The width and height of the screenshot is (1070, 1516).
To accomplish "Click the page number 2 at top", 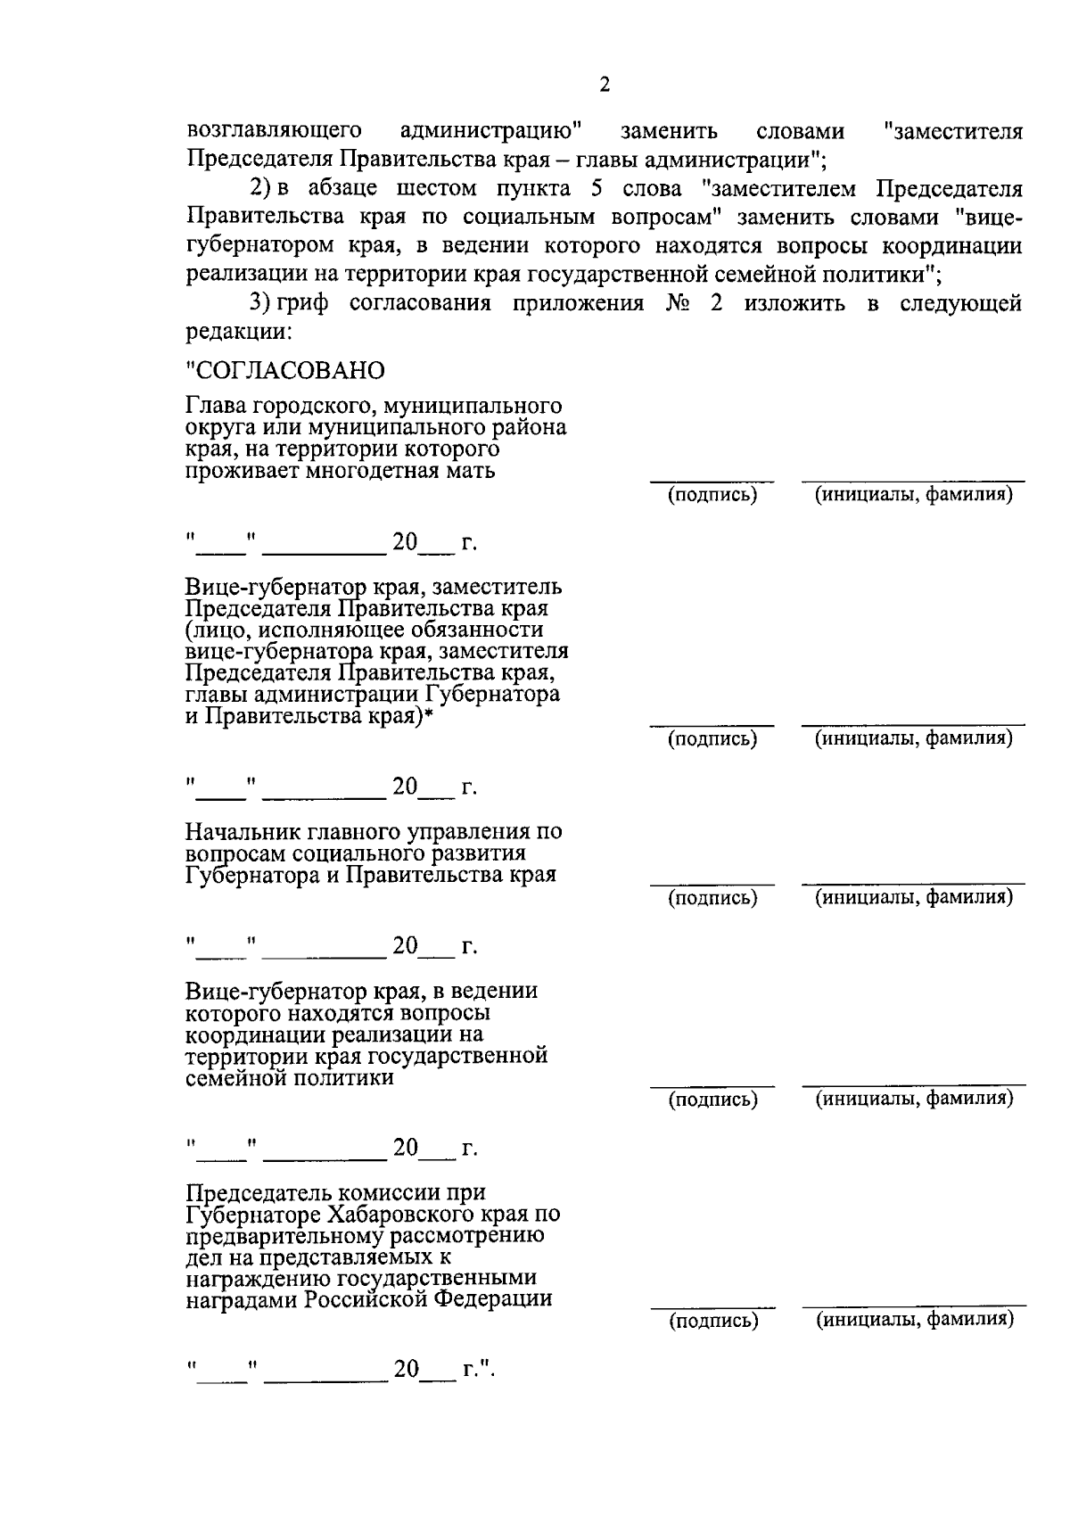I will (x=605, y=86).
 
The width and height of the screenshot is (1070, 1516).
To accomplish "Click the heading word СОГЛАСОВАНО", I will (x=285, y=369).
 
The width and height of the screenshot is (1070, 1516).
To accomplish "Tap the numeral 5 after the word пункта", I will (x=594, y=188).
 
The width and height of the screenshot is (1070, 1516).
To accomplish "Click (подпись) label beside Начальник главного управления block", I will (x=712, y=898).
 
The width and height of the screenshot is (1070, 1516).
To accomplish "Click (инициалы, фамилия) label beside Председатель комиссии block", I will (x=916, y=1319).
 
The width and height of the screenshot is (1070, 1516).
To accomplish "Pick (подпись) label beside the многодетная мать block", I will (x=712, y=494).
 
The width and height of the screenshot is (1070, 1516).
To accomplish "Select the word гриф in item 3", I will (x=303, y=303).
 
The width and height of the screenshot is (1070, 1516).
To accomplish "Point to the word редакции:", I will (x=238, y=332).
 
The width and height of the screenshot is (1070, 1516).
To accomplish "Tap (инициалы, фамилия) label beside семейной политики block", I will (x=916, y=1099).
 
